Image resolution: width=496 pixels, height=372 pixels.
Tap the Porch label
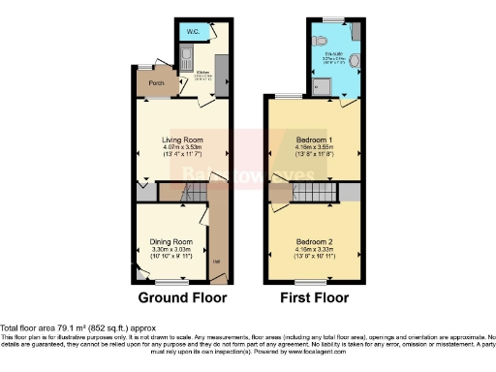156,83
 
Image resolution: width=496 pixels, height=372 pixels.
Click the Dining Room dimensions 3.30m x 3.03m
171,250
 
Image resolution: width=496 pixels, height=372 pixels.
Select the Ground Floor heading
182,298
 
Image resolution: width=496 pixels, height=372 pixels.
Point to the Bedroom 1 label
314,139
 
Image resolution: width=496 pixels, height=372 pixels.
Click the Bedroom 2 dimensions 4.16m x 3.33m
315,250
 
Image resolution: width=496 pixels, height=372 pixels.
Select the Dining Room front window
170,281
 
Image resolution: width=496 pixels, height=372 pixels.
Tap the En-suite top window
334,19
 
